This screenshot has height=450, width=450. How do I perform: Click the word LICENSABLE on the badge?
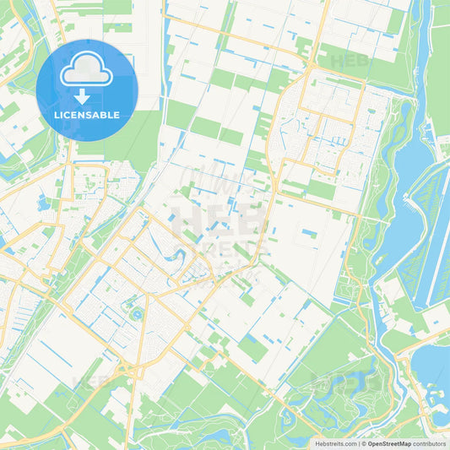tap(87, 114)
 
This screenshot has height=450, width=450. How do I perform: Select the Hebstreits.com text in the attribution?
tap(335, 442)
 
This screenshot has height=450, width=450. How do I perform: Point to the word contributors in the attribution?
tap(430, 442)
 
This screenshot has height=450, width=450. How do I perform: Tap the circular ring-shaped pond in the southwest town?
tap(136, 314)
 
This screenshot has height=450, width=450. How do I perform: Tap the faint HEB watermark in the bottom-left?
tap(93, 382)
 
